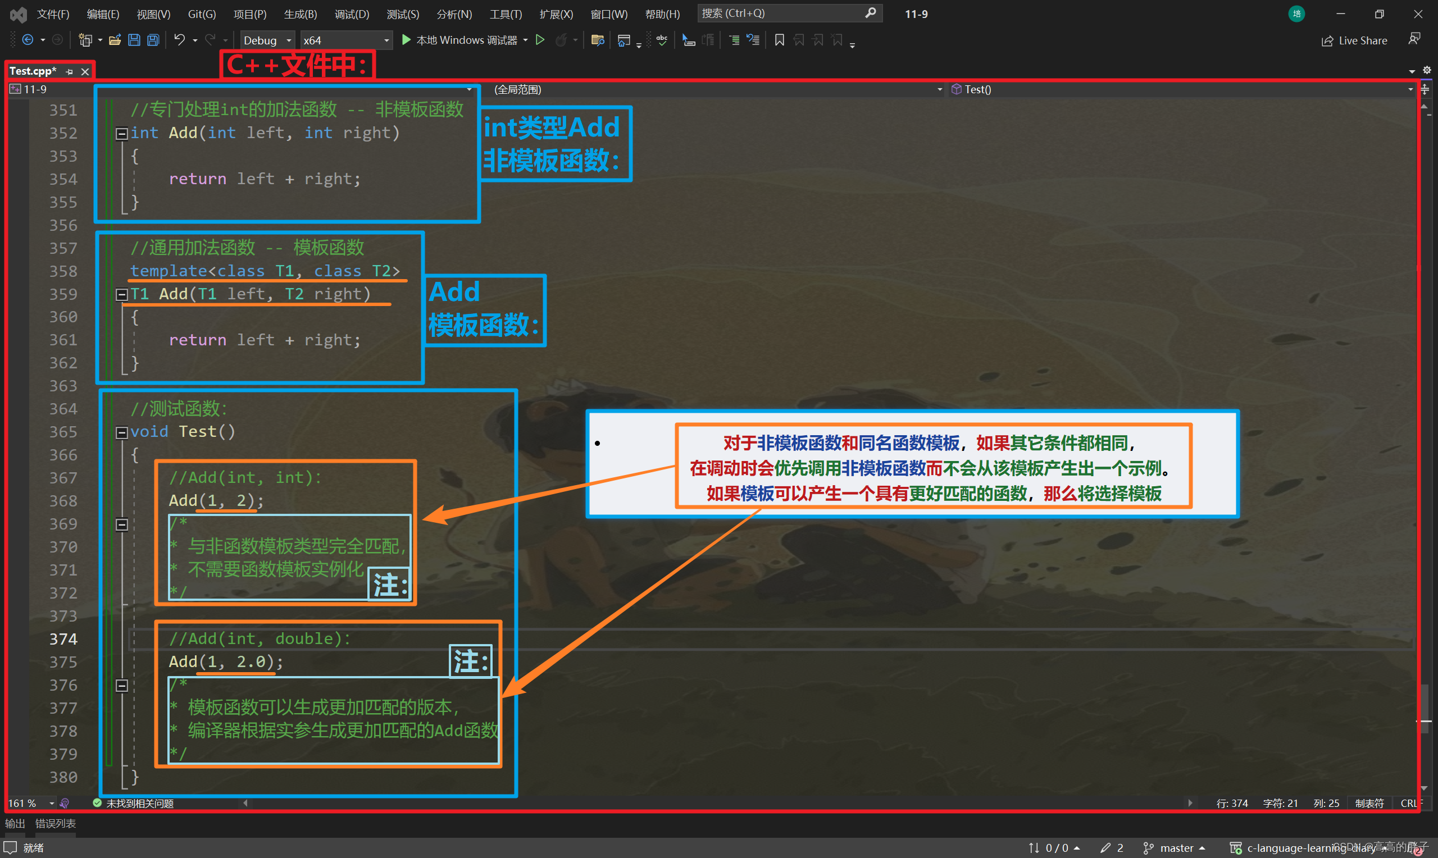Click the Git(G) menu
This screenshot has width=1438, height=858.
(202, 14)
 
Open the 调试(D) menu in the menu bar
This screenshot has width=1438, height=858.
(352, 14)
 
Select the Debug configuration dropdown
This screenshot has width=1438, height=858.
(267, 40)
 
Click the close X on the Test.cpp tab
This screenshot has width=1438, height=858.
(85, 71)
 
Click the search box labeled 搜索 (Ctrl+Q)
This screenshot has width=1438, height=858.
(789, 13)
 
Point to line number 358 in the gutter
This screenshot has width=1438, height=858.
(63, 271)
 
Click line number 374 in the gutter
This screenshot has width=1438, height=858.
(63, 639)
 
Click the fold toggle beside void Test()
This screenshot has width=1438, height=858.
(121, 432)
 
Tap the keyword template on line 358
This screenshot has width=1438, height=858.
(169, 271)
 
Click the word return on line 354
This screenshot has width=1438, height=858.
(197, 179)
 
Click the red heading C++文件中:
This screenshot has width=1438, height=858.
(297, 65)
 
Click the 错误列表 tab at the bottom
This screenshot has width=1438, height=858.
(56, 823)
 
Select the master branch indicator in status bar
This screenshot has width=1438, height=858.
(1176, 847)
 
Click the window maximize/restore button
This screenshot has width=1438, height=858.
(1379, 14)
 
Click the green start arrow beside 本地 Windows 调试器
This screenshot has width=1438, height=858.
(406, 39)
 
